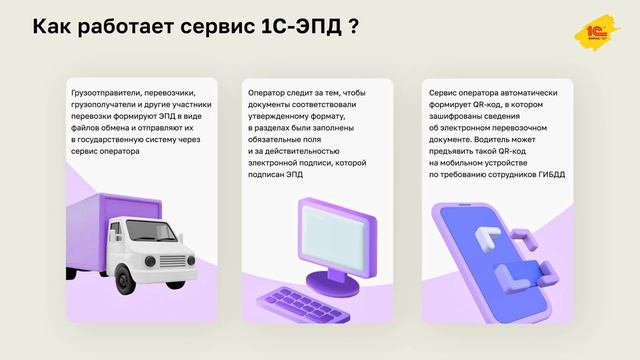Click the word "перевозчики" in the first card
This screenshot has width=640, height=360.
[170, 92]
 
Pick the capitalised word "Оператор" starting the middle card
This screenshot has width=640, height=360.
[268, 92]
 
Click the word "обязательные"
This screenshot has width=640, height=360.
[281, 140]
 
